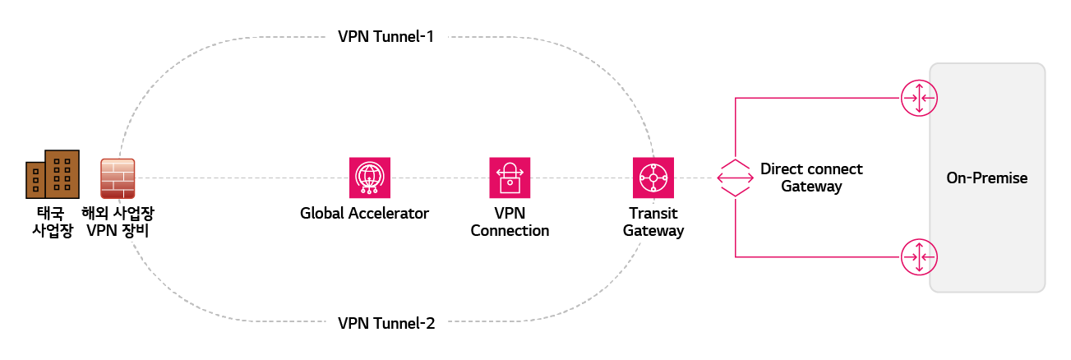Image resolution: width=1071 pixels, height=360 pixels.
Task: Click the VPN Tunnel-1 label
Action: click(x=385, y=37)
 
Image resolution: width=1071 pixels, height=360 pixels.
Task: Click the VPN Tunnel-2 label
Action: click(x=385, y=322)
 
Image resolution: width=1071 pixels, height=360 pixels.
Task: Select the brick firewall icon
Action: click(x=118, y=178)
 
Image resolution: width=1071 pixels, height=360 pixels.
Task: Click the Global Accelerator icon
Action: click(x=369, y=178)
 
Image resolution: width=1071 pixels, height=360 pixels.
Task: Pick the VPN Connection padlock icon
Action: click(x=510, y=178)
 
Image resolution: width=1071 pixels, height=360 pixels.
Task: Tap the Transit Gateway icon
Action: click(x=653, y=178)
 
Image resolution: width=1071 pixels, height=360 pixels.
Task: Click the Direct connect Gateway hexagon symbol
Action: click(x=734, y=178)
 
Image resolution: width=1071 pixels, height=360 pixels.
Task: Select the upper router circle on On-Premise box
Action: click(x=918, y=99)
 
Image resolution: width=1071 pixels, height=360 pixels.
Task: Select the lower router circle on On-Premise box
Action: click(x=918, y=257)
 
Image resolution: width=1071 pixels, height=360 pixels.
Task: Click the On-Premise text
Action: click(x=987, y=178)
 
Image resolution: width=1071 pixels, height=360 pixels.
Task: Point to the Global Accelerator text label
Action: click(x=365, y=214)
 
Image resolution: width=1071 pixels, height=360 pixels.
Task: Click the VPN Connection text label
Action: click(x=510, y=222)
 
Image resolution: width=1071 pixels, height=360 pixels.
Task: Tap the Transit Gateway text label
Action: click(x=653, y=222)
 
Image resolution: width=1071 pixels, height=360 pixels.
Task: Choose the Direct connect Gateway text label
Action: click(x=811, y=178)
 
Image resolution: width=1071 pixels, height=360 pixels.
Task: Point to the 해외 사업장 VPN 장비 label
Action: click(x=118, y=222)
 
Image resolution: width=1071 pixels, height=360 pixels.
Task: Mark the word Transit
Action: click(x=653, y=214)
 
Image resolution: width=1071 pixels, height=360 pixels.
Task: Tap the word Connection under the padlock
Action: click(x=510, y=231)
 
